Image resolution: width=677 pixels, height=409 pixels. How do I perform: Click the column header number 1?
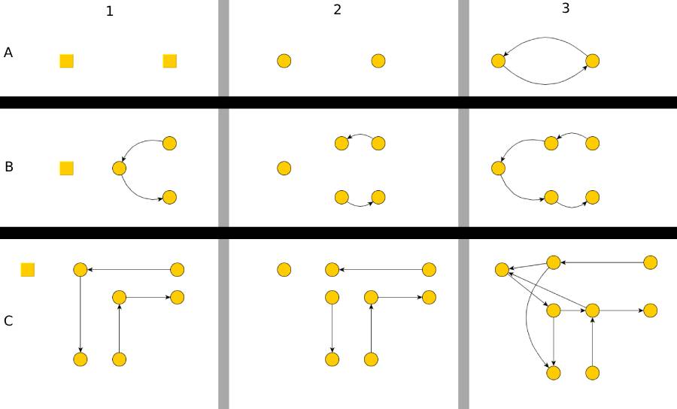[110, 12]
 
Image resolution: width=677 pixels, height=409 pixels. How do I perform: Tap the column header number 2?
[337, 10]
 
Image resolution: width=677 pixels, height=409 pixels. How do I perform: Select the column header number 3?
[566, 8]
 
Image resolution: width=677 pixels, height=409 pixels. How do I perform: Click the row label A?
[8, 53]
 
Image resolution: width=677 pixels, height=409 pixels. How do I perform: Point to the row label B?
[9, 167]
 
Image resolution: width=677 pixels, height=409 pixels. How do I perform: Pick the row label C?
[8, 321]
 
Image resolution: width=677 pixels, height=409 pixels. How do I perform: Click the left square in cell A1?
[67, 61]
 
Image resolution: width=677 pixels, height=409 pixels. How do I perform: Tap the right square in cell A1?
[170, 61]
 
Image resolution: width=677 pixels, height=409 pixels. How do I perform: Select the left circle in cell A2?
[284, 61]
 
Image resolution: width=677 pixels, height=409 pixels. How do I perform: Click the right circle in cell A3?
[592, 61]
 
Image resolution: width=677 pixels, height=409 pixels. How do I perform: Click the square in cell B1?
[67, 168]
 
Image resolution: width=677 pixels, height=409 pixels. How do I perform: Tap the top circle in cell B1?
[169, 143]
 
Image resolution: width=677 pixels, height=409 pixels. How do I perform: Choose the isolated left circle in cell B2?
[284, 168]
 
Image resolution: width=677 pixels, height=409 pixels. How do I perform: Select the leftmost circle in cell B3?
[497, 168]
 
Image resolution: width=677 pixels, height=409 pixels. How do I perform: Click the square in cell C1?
[28, 269]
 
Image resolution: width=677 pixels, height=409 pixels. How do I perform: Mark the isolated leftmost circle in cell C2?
[284, 269]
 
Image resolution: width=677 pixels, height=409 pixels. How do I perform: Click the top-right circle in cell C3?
[651, 262]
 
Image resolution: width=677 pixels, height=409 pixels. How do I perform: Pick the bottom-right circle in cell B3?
[592, 197]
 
